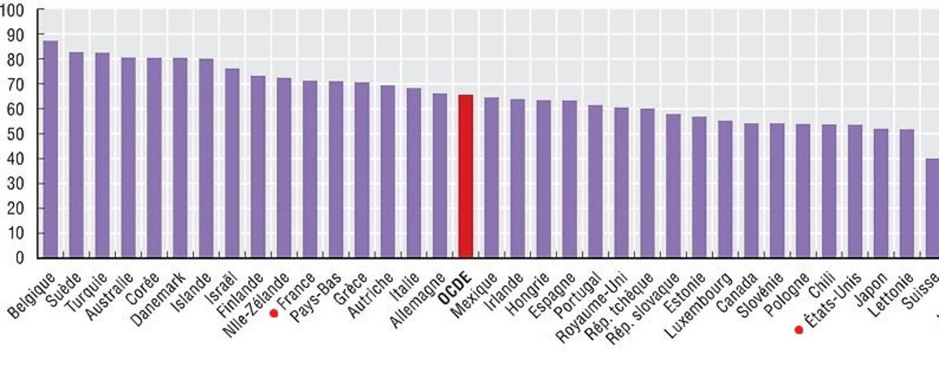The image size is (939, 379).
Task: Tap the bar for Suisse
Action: coord(932,208)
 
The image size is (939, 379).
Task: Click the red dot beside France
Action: coord(274,313)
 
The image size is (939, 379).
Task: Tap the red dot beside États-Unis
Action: coord(798,330)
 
